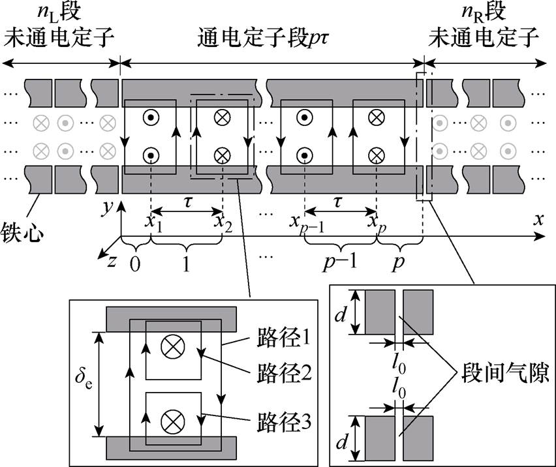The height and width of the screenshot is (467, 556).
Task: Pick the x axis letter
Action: pos(539,220)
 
